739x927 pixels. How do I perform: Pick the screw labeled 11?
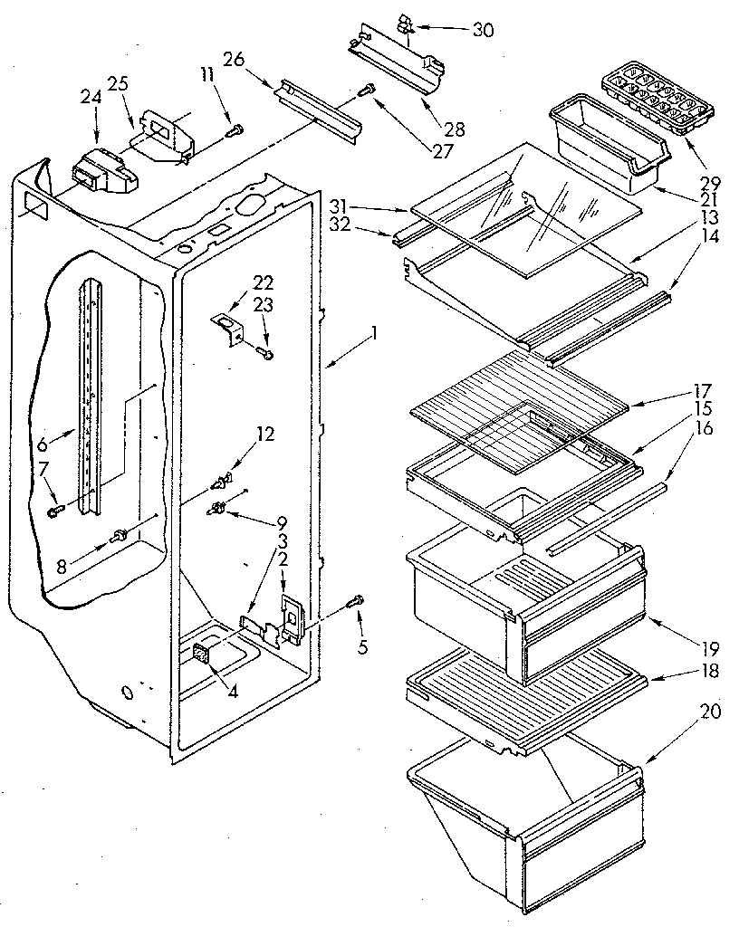coord(235,129)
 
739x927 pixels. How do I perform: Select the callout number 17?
coord(702,394)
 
